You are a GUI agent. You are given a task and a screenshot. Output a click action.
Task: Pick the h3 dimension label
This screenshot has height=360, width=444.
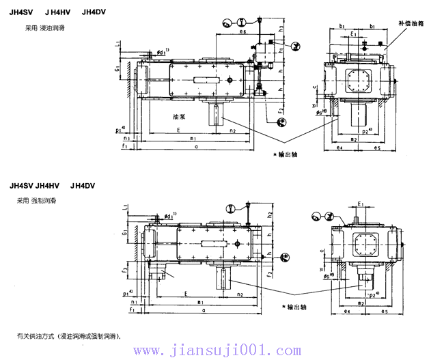[x=281, y=27]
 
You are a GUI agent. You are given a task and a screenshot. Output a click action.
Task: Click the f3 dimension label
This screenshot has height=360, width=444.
[x=125, y=271]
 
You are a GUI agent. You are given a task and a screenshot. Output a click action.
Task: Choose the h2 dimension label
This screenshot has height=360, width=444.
[x=271, y=215]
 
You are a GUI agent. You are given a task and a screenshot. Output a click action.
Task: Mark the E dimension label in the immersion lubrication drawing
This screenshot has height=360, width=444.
[x=178, y=129]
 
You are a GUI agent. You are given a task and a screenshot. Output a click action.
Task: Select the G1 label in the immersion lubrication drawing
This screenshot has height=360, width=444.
[x=119, y=68]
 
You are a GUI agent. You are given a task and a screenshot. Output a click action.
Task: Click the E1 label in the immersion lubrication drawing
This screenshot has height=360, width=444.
[x=354, y=33]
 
